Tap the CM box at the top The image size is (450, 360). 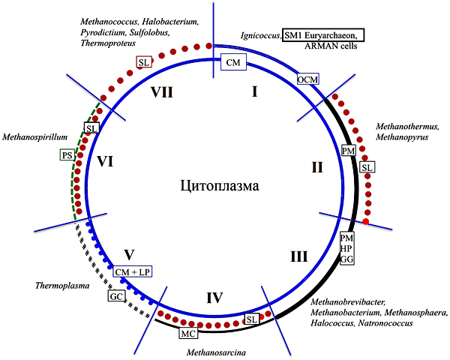[232, 63]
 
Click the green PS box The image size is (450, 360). [68, 155]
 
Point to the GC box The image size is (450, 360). [115, 296]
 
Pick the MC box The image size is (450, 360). [188, 332]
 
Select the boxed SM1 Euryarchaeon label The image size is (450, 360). [323, 35]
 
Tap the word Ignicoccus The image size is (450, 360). [260, 35]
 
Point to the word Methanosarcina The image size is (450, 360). [220, 349]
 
